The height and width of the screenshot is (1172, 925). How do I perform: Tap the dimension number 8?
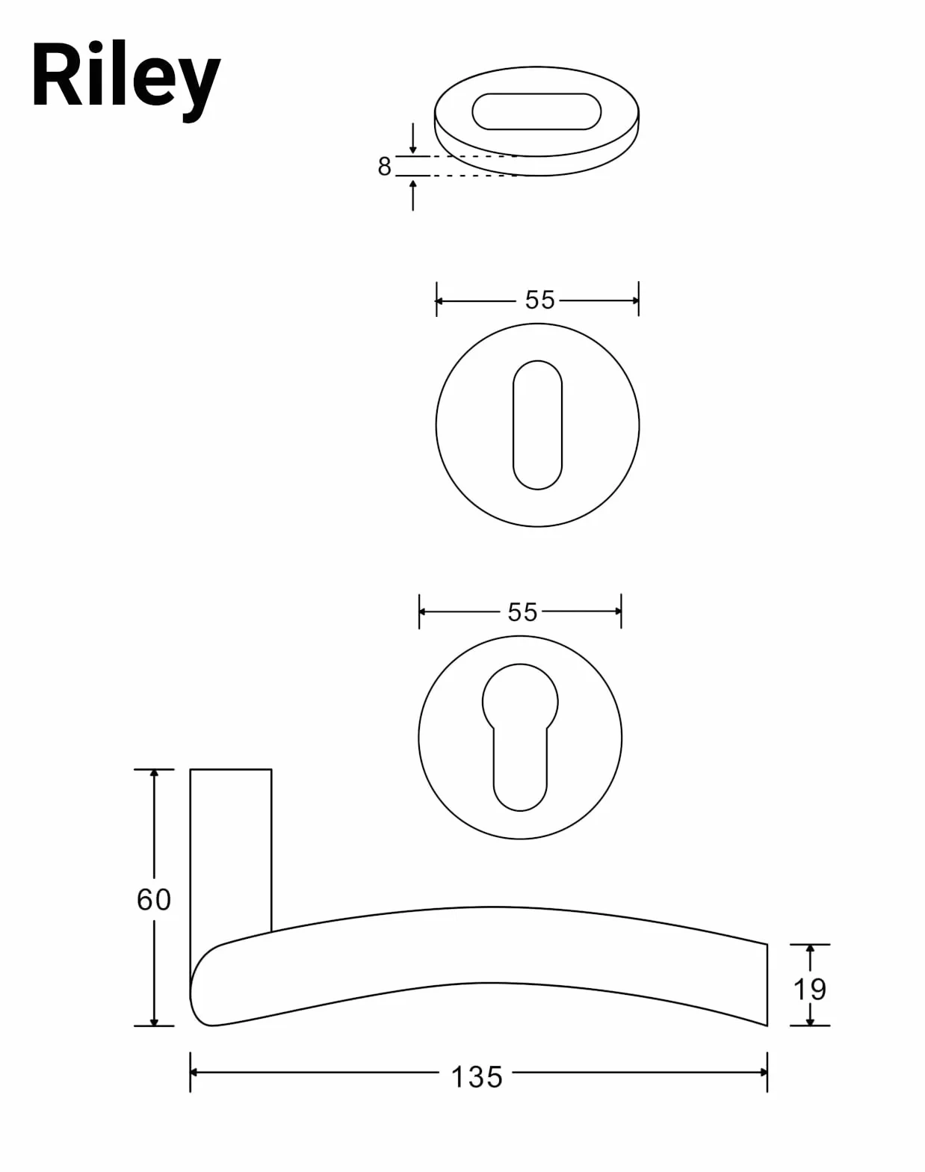click(x=384, y=166)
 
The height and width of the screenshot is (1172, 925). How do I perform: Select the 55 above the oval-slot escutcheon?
click(x=539, y=300)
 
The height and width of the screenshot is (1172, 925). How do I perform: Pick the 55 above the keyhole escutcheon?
click(x=522, y=612)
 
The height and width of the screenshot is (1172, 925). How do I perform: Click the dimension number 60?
click(x=153, y=899)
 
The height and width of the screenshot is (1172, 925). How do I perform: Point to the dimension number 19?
click(x=810, y=989)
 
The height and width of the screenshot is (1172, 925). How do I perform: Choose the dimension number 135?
click(x=477, y=1076)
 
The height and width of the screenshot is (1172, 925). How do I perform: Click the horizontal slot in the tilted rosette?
click(x=536, y=111)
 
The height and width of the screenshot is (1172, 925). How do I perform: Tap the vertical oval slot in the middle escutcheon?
click(x=537, y=425)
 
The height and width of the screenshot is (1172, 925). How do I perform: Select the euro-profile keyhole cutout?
click(x=520, y=738)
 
